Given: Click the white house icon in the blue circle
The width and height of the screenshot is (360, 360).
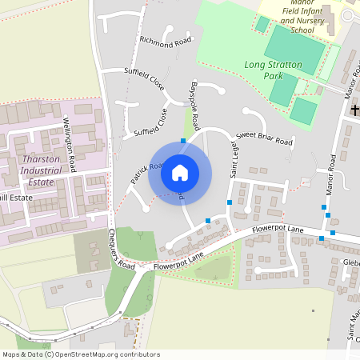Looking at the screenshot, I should point(180,172).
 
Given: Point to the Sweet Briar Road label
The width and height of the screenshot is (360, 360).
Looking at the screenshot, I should point(264,139).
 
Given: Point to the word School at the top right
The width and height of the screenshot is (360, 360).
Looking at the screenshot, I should point(302,30).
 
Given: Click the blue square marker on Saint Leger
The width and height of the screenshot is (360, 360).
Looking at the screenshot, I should point(230,202).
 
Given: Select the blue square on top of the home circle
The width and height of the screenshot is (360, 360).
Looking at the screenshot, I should point(183,140).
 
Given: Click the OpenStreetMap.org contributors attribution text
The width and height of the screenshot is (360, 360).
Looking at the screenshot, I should point(102,354).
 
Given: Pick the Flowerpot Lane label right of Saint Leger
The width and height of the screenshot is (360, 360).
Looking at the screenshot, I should point(274,230).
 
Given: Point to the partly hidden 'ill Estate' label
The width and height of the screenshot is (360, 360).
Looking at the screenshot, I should point(16,196).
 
